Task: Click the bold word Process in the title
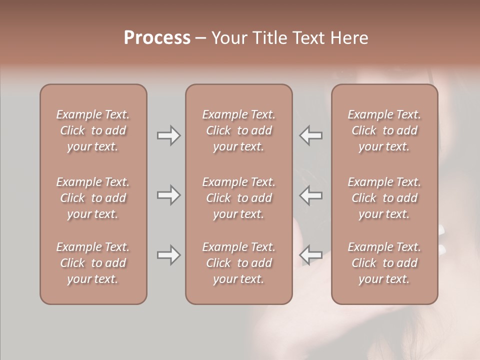coord(157,37)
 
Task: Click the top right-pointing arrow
coord(168,135)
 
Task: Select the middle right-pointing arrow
coord(168,194)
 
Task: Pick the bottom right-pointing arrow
coord(168,255)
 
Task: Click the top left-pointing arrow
coord(311,135)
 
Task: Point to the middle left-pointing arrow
coord(311,194)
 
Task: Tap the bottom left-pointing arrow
coord(311,255)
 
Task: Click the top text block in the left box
coord(93,130)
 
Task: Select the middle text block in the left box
coord(93,198)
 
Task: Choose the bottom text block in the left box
coord(93,263)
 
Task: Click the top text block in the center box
coord(238,130)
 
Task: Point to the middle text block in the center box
coord(238,198)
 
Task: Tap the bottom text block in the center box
coord(238,263)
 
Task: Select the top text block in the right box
coord(384,130)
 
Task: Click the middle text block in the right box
coord(384,198)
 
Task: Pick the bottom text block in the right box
coord(384,263)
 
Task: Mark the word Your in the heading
coord(228,37)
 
